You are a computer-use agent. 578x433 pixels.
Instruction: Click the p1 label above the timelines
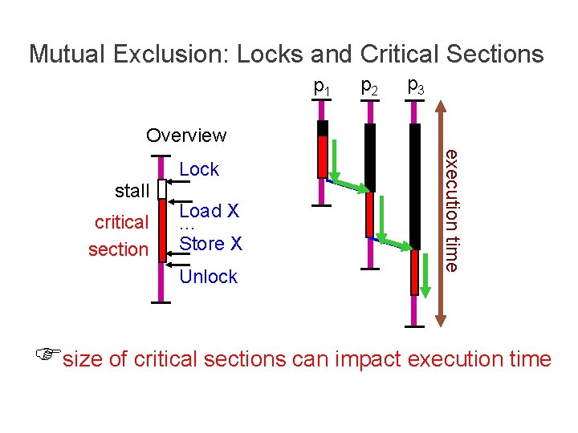[323, 86]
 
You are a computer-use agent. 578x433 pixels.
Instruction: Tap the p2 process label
[370, 85]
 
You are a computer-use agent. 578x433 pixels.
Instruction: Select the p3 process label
[416, 84]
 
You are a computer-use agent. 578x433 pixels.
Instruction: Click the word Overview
[186, 135]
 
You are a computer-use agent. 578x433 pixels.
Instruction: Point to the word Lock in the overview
[199, 169]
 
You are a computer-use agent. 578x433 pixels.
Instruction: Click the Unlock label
[209, 277]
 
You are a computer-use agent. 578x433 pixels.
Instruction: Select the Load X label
[210, 211]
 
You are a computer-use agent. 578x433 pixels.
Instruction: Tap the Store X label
[210, 242]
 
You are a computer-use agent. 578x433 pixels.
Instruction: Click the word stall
[132, 191]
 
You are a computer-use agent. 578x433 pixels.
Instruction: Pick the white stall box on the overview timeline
[161, 189]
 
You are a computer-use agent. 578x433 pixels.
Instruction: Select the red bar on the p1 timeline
[322, 156]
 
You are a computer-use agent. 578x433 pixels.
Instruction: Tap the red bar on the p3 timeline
[415, 273]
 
